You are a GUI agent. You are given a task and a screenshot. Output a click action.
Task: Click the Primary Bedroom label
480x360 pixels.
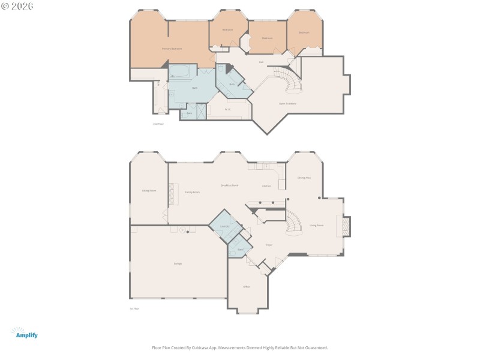tap(172, 49)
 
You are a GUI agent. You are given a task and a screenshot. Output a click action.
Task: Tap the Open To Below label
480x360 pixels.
tap(287, 104)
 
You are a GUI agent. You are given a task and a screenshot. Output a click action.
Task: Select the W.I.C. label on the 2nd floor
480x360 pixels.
tap(227, 109)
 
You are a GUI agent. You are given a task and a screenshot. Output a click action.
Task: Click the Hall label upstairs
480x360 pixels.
tap(262, 62)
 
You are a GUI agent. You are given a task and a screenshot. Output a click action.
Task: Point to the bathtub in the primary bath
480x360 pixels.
tap(179, 72)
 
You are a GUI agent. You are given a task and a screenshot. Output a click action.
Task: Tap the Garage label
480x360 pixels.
tap(178, 263)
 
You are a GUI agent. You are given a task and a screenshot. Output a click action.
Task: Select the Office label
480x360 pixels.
tap(246, 287)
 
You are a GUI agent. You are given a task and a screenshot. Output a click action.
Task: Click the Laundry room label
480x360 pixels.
tap(225, 226)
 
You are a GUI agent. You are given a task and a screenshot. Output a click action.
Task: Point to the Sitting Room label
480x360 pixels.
tap(149, 190)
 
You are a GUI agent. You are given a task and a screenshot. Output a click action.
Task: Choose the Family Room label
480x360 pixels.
tap(192, 192)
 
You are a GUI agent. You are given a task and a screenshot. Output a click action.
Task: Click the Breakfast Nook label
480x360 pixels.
tap(229, 185)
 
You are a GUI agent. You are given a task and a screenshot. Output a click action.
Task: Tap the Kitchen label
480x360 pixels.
tap(266, 186)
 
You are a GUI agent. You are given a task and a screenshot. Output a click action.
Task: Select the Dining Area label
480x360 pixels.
tap(304, 178)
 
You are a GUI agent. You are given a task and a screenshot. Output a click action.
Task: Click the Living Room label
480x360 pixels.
tap(316, 225)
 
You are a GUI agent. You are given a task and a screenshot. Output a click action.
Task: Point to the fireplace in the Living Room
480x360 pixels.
tap(346, 226)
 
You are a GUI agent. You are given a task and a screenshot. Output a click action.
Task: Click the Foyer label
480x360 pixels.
tap(269, 245)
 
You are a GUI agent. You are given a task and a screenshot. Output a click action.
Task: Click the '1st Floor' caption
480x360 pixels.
tap(134, 308)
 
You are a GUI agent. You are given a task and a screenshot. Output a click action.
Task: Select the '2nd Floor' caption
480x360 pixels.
tap(158, 124)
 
